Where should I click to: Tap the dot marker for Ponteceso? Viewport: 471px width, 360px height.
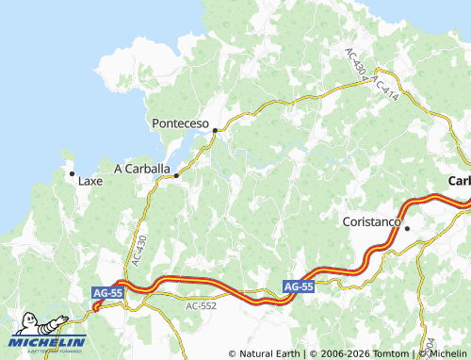tap(215, 130)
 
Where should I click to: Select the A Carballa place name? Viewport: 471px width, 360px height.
tap(142, 170)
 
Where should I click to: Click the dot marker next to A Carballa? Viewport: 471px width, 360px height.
tap(176, 175)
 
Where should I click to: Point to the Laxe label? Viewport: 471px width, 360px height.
tap(90, 180)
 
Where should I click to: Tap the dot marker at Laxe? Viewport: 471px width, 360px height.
tap(72, 173)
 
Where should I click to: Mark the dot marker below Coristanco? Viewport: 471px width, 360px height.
tap(407, 228)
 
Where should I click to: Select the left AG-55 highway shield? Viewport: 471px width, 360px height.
tap(107, 294)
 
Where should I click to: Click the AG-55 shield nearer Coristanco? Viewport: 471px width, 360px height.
tap(298, 286)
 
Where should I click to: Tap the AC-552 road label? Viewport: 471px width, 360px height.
tap(201, 306)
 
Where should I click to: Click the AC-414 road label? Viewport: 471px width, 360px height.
tap(387, 87)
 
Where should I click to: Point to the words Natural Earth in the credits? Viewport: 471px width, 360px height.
tap(267, 353)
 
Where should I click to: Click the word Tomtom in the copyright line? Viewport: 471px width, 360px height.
tap(391, 353)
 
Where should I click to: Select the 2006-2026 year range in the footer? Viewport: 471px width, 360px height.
tap(343, 353)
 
